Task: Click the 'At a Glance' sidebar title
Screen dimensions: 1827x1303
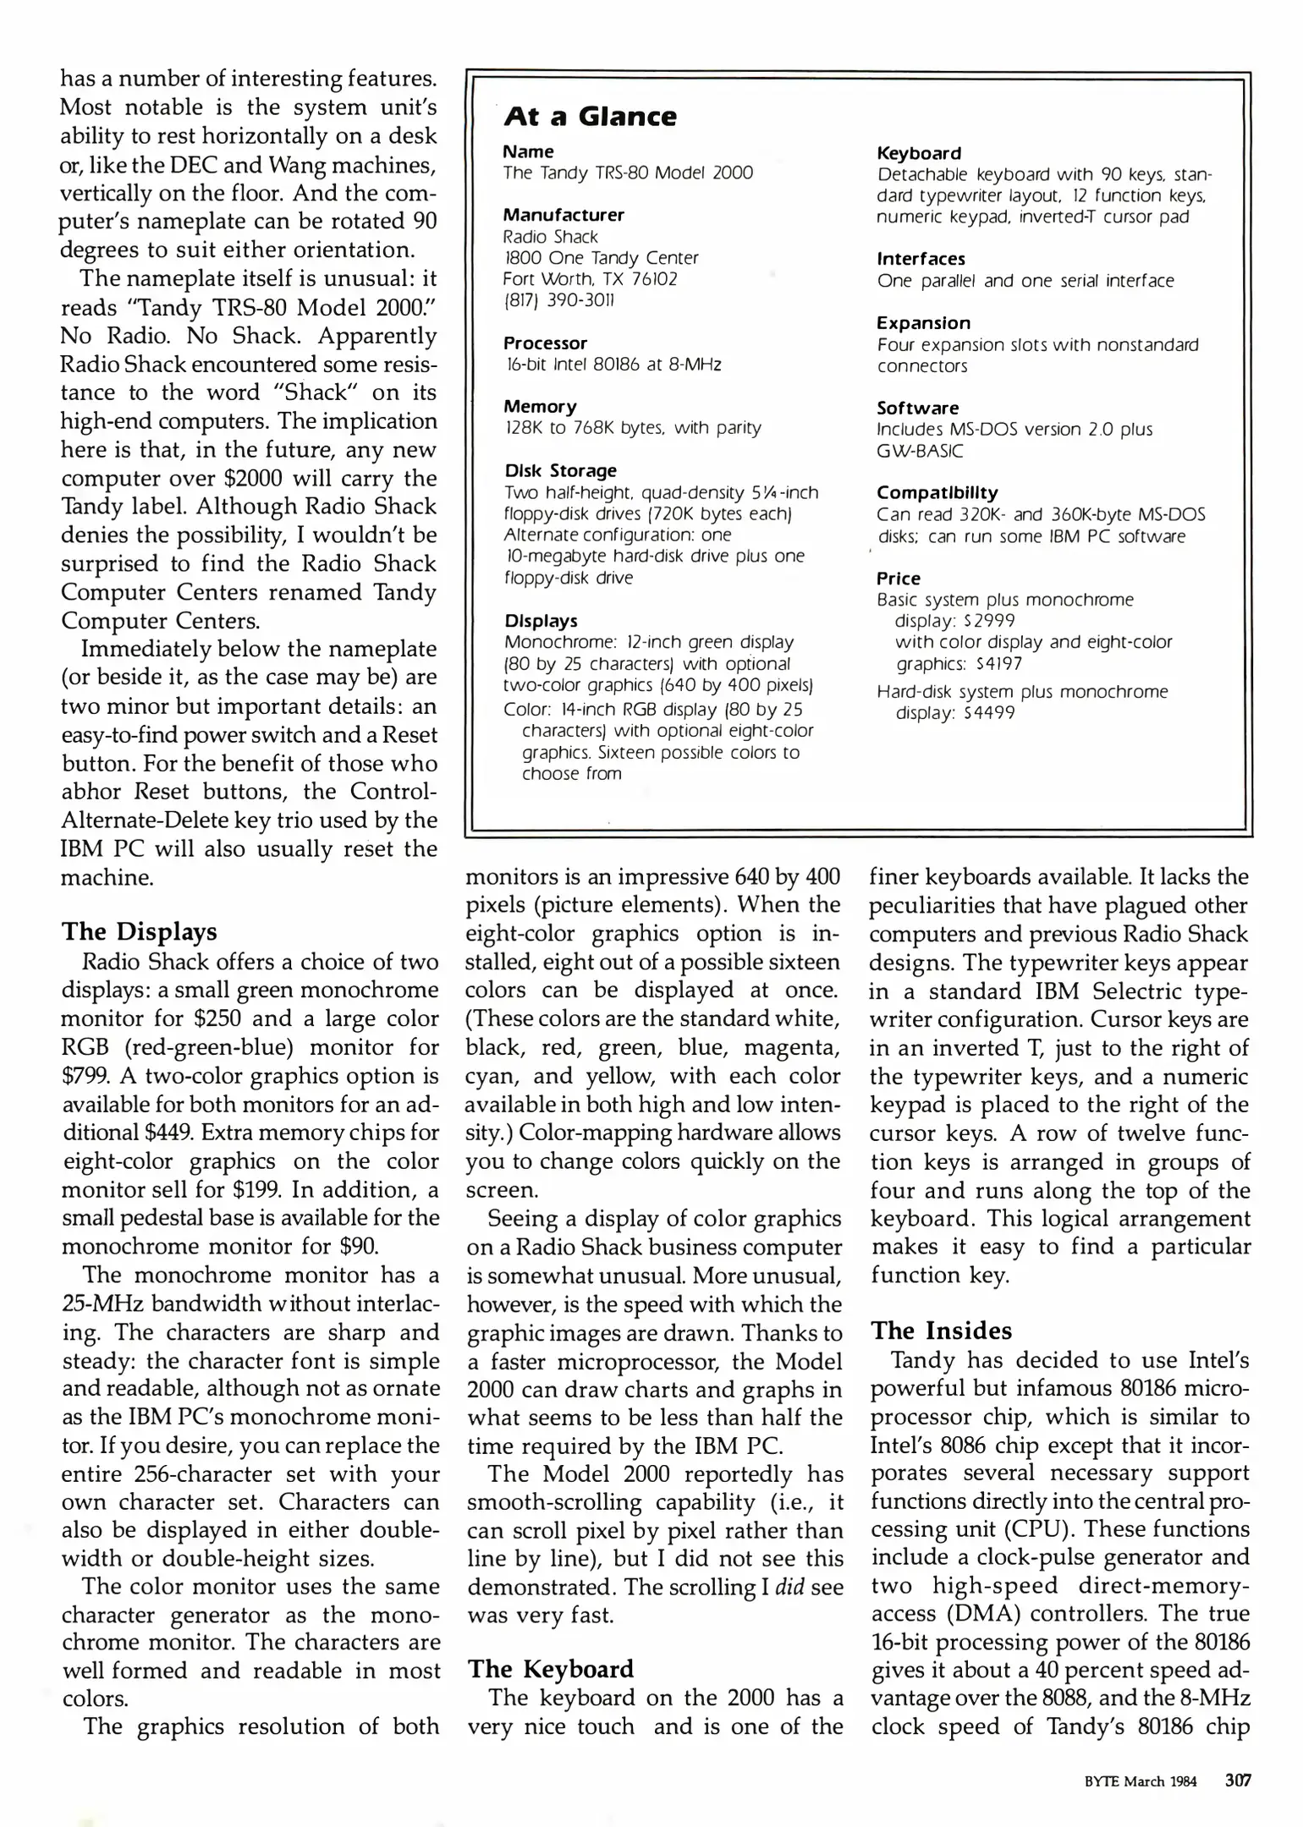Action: tap(590, 116)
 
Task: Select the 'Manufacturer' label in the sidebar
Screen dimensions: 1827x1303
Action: tap(564, 215)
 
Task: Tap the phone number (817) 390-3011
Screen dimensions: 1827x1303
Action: tap(559, 300)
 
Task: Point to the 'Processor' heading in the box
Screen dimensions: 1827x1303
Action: tap(545, 343)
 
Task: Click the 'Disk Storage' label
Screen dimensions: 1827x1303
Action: tap(560, 470)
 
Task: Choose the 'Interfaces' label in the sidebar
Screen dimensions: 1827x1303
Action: tap(921, 259)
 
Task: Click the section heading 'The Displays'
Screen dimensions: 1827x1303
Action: tap(140, 932)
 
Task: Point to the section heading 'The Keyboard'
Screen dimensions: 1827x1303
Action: tap(551, 1669)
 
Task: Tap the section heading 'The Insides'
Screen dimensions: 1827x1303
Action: tap(941, 1330)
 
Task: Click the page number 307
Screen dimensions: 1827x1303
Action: tap(1238, 1780)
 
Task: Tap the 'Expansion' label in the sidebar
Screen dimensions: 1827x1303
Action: tap(923, 323)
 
